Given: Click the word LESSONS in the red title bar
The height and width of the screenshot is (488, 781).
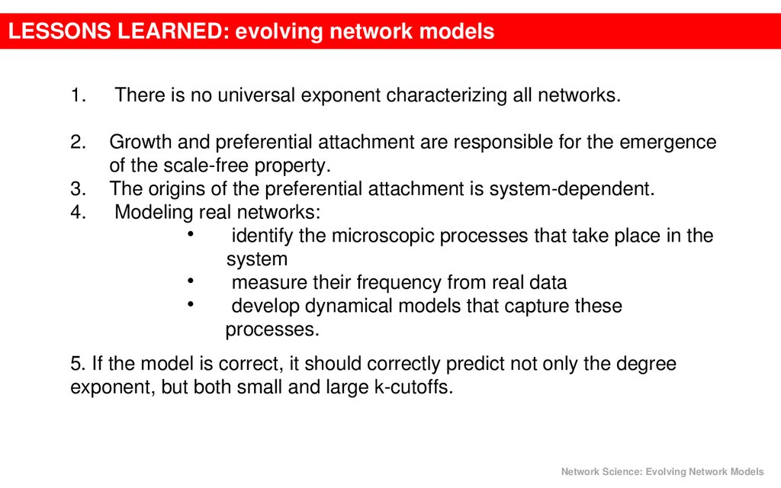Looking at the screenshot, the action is tap(59, 30).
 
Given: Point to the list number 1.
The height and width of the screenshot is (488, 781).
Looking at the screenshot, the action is tap(79, 95).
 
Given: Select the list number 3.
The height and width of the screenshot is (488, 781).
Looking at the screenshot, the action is tap(79, 189).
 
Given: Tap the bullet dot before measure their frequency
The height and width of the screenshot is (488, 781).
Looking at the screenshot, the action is tap(190, 281).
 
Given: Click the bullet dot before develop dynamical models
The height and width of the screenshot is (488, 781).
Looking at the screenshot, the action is tap(190, 303).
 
